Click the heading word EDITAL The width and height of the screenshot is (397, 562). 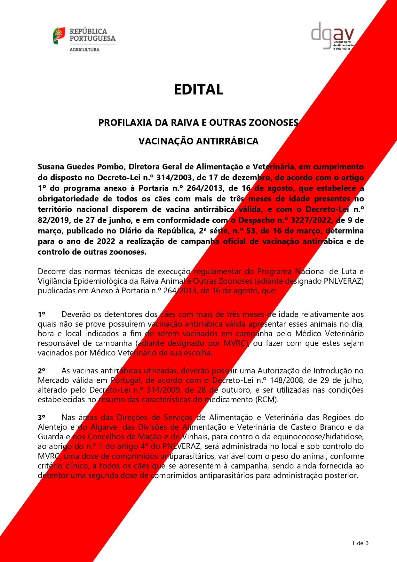[x=198, y=89]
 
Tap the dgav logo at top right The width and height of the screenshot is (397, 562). [x=333, y=36]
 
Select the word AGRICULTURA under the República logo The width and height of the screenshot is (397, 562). [x=84, y=50]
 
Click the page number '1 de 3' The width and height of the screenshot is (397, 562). [x=360, y=543]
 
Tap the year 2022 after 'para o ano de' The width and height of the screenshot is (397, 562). [x=106, y=241]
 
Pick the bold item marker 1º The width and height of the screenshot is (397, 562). [x=42, y=314]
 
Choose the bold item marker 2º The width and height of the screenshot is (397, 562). [x=42, y=371]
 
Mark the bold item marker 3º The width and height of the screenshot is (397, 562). [x=42, y=418]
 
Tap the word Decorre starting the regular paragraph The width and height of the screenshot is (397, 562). [x=52, y=272]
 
